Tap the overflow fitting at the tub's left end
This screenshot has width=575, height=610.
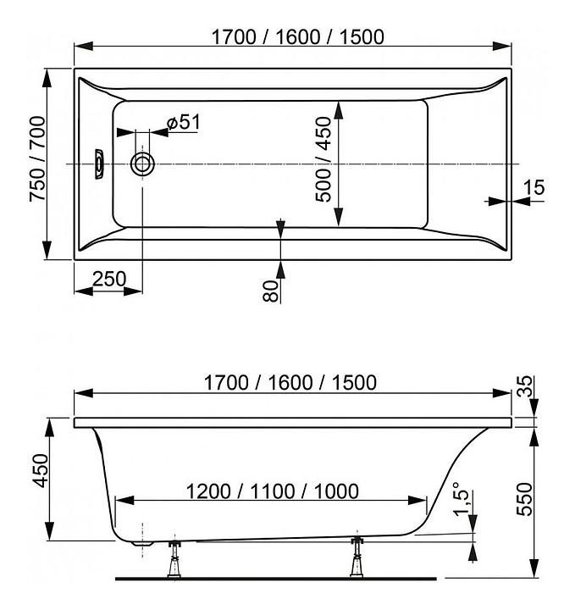pos(100,164)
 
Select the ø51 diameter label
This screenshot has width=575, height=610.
pos(184,122)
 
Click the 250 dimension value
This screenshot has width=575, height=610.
pos(109,279)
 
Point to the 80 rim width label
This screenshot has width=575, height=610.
pos(271,291)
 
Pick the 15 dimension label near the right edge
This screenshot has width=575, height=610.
pos(534,187)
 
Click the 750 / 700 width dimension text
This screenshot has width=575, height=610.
pos(38,159)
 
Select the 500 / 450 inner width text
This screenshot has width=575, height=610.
pos(323,159)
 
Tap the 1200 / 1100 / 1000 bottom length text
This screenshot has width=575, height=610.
pos(273,491)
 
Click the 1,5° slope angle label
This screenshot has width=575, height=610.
pos(462,499)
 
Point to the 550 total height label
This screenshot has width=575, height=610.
pos(523,499)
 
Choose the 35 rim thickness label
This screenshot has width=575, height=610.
pos(526,386)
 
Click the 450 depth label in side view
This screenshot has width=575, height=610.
pos(40,470)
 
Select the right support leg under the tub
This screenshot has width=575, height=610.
pos(357,557)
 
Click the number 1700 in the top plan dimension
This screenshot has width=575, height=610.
pos(234,37)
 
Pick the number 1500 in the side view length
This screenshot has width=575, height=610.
pos(354,383)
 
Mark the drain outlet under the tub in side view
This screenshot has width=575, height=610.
pos(142,543)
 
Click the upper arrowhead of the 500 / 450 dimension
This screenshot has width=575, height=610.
pos(339,110)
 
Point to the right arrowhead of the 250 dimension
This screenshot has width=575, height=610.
pos(133,291)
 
